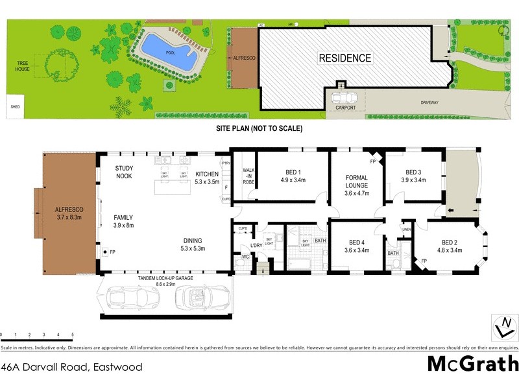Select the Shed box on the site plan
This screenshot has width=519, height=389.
point(14,108)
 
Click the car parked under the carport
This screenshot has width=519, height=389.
point(343,99)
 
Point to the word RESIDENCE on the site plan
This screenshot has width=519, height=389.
point(344,58)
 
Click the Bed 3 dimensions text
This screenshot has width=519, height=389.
point(413,180)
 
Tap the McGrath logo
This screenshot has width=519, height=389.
point(472,364)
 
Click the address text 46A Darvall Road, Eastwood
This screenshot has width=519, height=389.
point(71,367)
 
